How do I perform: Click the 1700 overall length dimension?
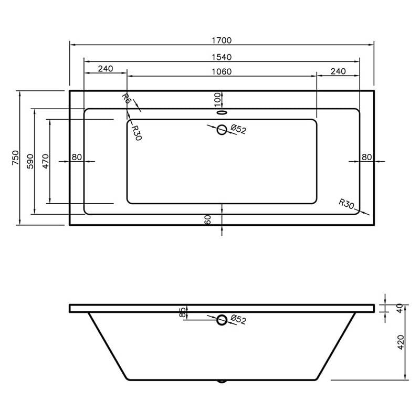coord(222,40)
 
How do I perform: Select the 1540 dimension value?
coord(222,57)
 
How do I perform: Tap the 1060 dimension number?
coord(222,72)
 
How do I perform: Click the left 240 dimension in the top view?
coord(106,69)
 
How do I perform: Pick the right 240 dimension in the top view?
coord(338,71)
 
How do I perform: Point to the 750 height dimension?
coord(16,158)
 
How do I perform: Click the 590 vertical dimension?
coord(30,161)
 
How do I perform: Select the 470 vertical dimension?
coord(46,161)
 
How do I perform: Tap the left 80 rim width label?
coord(77,157)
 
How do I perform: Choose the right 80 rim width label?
coord(366,157)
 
